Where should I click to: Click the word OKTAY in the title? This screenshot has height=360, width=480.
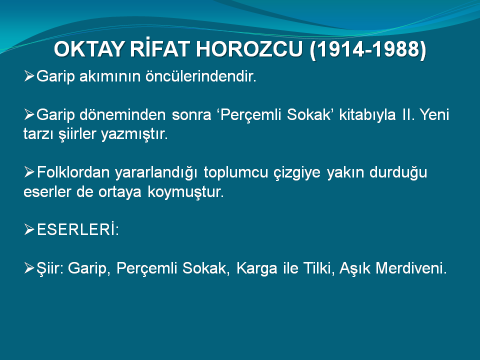point(89,49)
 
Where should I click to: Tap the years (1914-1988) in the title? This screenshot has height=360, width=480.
point(368,49)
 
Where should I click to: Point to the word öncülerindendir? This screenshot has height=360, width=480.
point(201,76)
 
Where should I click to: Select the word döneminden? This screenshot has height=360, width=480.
point(122,114)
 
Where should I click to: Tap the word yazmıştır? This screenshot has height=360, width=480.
point(134,134)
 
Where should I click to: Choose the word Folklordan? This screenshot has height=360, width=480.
point(73,172)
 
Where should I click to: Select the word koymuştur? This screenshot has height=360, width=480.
point(185,192)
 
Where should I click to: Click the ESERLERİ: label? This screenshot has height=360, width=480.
point(78,229)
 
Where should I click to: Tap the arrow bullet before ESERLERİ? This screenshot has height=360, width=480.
point(29,229)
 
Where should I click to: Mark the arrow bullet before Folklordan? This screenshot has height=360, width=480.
point(29,172)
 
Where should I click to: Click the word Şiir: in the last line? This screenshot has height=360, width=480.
point(50,268)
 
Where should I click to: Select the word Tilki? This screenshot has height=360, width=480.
point(318,268)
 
